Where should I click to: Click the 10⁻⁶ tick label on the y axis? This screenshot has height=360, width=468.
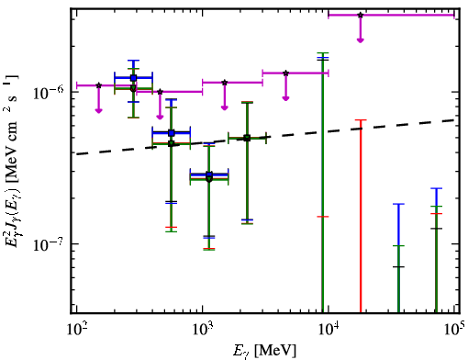tap(49, 93)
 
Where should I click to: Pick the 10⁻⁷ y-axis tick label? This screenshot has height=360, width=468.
tap(49, 244)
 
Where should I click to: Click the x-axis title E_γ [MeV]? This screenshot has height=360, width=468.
tap(264, 351)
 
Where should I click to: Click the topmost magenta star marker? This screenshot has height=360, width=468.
tap(361, 15)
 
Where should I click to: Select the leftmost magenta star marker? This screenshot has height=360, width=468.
tap(98, 85)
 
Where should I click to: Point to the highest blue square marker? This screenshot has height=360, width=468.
tap(133, 78)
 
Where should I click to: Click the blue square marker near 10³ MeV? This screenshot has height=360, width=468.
tap(209, 174)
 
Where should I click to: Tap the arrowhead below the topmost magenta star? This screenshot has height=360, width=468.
tap(361, 39)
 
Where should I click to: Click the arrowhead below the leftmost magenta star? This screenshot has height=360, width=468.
tap(98, 110)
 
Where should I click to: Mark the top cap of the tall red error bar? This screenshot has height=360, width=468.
tap(361, 120)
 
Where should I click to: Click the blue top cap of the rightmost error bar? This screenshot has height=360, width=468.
tap(436, 188)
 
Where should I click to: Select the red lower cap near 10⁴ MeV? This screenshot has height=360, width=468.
tap(323, 217)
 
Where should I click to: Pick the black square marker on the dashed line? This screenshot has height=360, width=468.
tap(247, 138)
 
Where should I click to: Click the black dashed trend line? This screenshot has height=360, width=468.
tap(265, 137)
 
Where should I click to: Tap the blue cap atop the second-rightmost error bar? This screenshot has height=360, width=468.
tap(398, 204)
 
